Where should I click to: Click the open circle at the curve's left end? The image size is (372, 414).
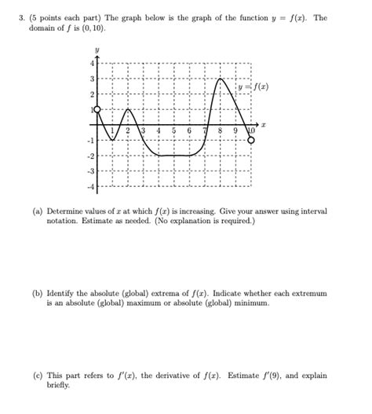click(x=97, y=110)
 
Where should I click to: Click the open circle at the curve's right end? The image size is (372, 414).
click(x=251, y=140)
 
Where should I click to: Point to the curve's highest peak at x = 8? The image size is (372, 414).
click(x=221, y=79)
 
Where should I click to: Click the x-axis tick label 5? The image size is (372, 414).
click(x=173, y=130)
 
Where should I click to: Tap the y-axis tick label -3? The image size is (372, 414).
click(x=90, y=170)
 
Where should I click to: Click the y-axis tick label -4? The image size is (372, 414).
click(x=90, y=186)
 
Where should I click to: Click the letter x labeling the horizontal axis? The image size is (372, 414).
click(x=264, y=124)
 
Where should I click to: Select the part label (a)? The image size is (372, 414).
click(x=38, y=212)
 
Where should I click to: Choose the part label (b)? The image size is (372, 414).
click(x=38, y=293)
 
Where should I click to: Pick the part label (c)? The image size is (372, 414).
click(x=38, y=375)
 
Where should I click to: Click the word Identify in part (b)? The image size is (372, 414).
click(x=65, y=293)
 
